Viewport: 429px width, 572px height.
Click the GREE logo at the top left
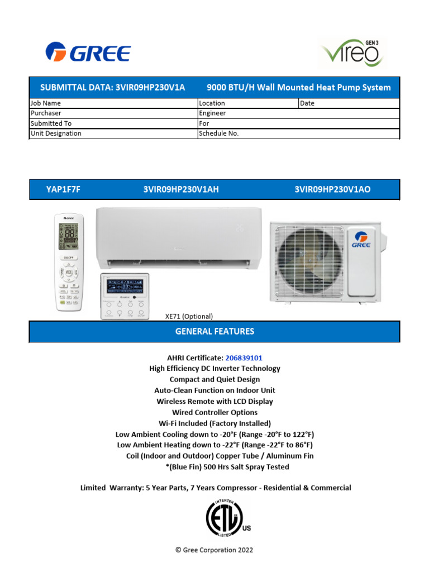pos(88,53)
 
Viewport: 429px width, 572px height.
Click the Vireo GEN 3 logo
pos(351,54)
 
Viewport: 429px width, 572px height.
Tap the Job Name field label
pos(46,103)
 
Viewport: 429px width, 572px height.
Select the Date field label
pos(307,103)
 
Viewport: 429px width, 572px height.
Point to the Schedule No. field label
pos(218,134)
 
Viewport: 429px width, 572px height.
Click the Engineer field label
pos(212,113)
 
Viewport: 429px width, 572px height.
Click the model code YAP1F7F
pos(63,189)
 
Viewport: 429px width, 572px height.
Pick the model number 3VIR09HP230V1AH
pos(181,189)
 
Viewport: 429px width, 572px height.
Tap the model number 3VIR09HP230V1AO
pos(332,189)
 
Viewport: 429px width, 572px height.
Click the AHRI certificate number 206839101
pos(244,357)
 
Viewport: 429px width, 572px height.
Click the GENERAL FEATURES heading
pos(214,331)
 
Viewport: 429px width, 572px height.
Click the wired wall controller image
pos(125,296)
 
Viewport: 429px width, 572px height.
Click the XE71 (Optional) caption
pos(189,316)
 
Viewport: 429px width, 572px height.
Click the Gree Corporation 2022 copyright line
pos(214,550)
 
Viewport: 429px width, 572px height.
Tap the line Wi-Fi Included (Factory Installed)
pos(214,423)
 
